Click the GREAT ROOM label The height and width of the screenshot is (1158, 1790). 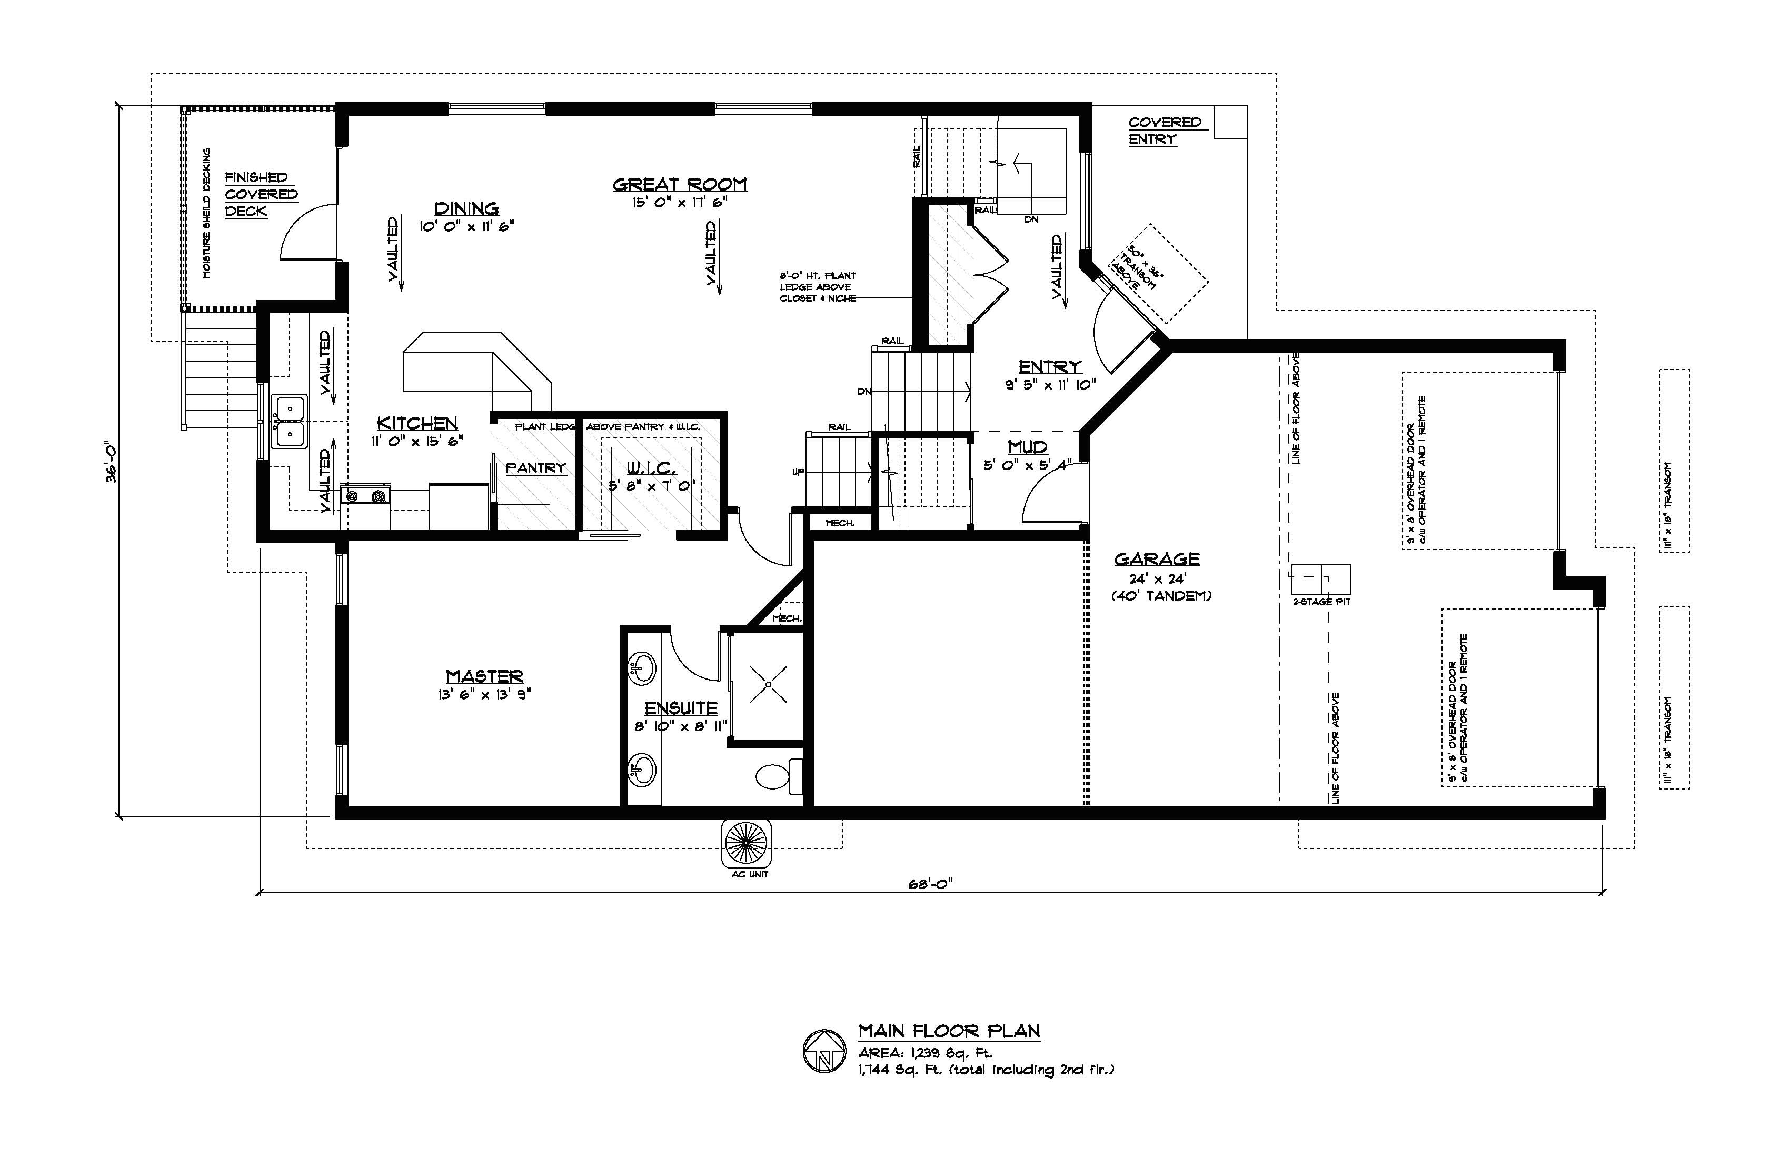679,184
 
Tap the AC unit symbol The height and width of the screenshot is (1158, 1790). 747,844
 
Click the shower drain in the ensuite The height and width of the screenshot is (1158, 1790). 768,684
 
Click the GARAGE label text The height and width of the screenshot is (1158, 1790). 1157,558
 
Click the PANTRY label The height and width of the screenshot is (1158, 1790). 535,468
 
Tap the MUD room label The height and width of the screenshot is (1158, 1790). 1027,447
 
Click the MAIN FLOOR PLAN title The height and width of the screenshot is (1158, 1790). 949,1031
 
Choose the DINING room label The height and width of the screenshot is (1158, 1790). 466,208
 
